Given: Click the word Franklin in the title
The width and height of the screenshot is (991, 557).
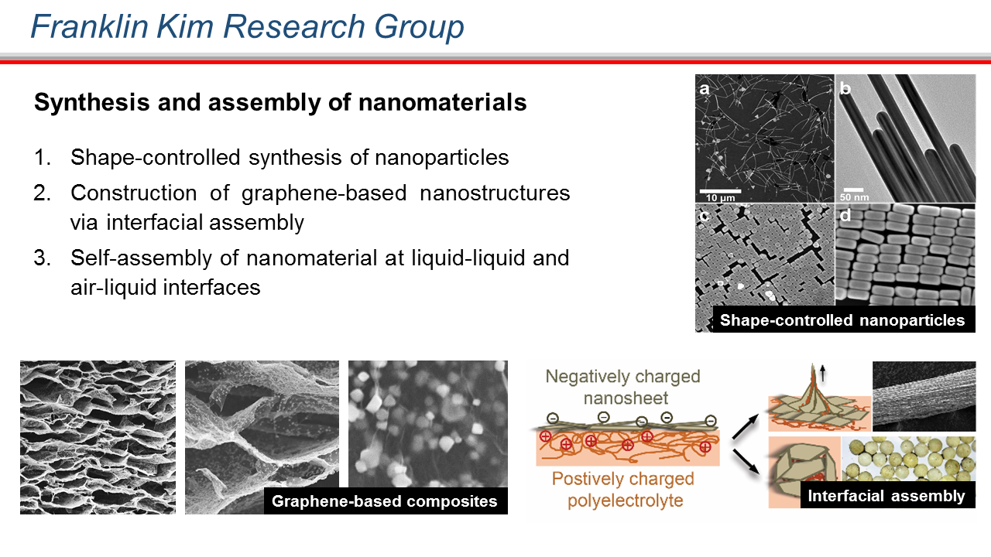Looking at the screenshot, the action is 89,26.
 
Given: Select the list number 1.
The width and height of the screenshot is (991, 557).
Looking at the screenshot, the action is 42,157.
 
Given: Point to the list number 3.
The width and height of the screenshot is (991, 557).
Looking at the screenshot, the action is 42,258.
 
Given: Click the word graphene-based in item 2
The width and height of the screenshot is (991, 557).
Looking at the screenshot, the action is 324,193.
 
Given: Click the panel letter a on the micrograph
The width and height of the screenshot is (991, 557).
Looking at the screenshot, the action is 705,89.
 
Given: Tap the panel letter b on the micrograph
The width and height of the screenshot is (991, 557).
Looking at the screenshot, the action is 845,88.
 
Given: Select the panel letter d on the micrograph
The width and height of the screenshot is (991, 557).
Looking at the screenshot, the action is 845,215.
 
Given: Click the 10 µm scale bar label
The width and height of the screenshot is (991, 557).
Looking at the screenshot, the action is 720,198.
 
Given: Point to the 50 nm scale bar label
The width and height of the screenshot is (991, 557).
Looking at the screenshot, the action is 854,197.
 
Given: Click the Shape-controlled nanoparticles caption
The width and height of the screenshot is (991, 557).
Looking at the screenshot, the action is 842,320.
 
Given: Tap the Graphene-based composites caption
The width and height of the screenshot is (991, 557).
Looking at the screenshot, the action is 385,501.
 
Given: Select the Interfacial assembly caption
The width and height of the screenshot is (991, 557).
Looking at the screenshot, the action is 886,496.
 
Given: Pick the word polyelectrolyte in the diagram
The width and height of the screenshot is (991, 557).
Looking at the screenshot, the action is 625,501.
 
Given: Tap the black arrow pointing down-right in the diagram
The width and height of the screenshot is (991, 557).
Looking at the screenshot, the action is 746,463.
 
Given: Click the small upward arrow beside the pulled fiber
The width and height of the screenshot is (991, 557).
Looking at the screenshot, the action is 822,373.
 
